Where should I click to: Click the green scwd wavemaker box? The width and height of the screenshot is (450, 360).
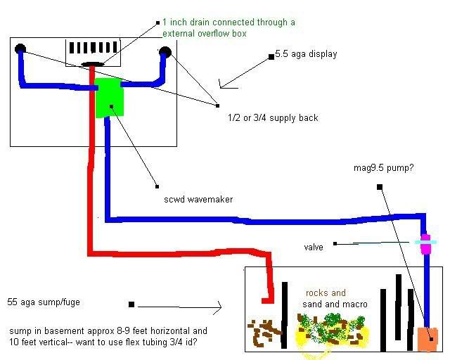pos(110,97)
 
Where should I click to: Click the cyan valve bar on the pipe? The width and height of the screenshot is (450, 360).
pos(425,242)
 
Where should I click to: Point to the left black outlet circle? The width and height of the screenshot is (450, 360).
pos(20,50)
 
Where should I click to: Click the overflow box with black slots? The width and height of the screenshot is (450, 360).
pos(94,53)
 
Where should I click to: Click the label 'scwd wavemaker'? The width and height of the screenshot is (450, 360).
pos(198,200)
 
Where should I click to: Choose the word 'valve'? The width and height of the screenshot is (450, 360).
pos(314,247)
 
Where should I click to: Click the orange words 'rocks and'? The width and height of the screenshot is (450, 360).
pos(326,293)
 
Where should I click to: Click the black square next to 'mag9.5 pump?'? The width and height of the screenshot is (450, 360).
pos(379,187)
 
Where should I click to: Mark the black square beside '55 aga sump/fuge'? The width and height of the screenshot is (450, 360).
pos(131,305)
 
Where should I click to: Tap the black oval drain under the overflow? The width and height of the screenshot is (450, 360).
pos(92,65)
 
